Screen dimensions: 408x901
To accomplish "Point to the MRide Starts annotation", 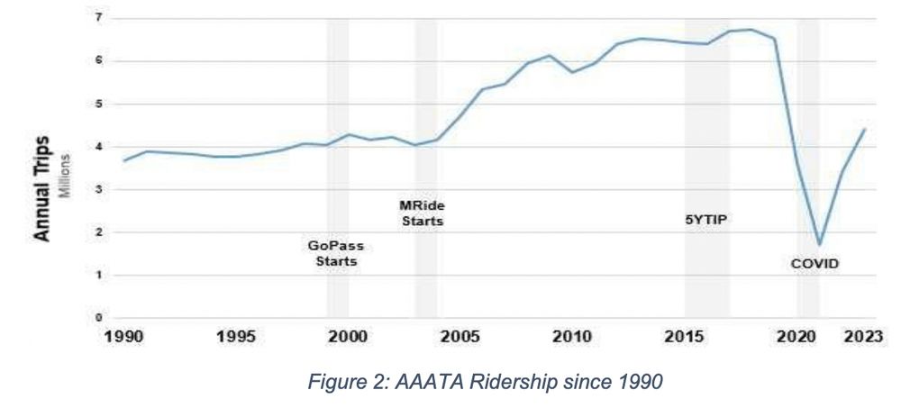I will point(423,213).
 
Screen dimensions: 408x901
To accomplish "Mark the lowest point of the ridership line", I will point(819,244).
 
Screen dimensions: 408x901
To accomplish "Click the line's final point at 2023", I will point(864,130).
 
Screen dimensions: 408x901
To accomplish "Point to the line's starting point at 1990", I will point(124,160).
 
